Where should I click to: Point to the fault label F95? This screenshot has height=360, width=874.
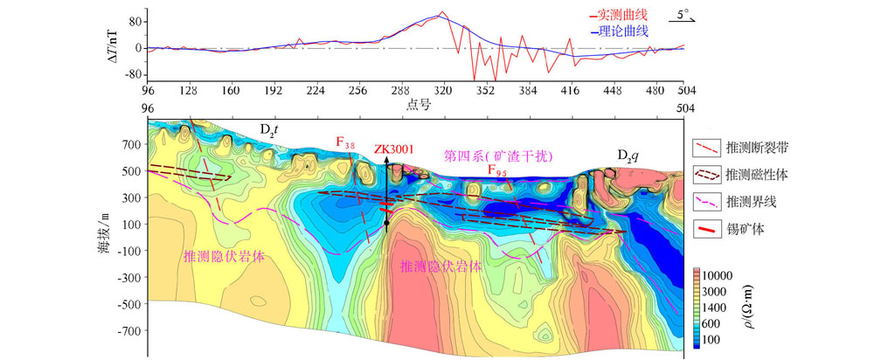496,171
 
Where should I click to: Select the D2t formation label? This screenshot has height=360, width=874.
269,129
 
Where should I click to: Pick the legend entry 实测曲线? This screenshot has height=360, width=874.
621,15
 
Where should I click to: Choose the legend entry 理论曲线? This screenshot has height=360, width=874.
621,31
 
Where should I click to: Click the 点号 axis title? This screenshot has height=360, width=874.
416,104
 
